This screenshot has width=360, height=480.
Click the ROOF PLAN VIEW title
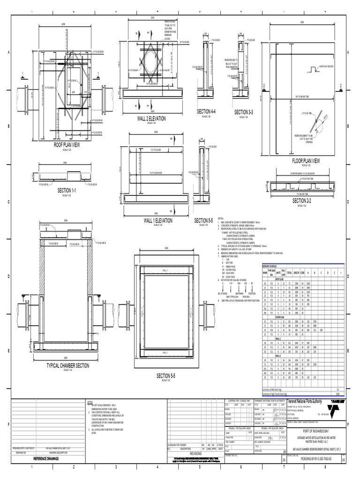tap(66, 145)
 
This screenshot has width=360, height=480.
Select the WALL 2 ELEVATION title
tap(151, 119)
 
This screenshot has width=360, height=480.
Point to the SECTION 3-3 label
tap(243, 112)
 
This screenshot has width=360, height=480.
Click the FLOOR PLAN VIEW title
tap(306, 161)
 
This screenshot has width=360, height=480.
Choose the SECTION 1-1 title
tap(66, 191)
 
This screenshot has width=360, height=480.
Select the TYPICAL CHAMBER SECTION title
tap(67, 365)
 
